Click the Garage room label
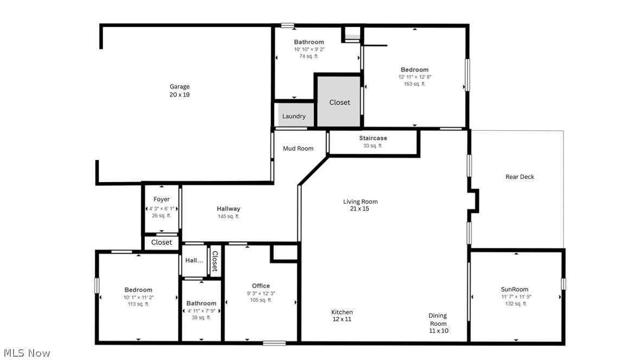180,87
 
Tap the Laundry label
294,116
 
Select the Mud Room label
298,149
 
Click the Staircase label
373,138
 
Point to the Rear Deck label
520,177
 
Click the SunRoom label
515,290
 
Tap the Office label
261,286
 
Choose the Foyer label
162,200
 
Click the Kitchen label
342,312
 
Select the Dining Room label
438,319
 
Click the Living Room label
360,202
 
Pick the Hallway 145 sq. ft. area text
228,216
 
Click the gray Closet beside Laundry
339,102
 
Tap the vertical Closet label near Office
215,261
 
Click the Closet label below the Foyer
162,242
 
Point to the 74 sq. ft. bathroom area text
309,56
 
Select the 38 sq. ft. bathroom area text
201,318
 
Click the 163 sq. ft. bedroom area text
414,84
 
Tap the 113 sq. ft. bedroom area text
138,304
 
